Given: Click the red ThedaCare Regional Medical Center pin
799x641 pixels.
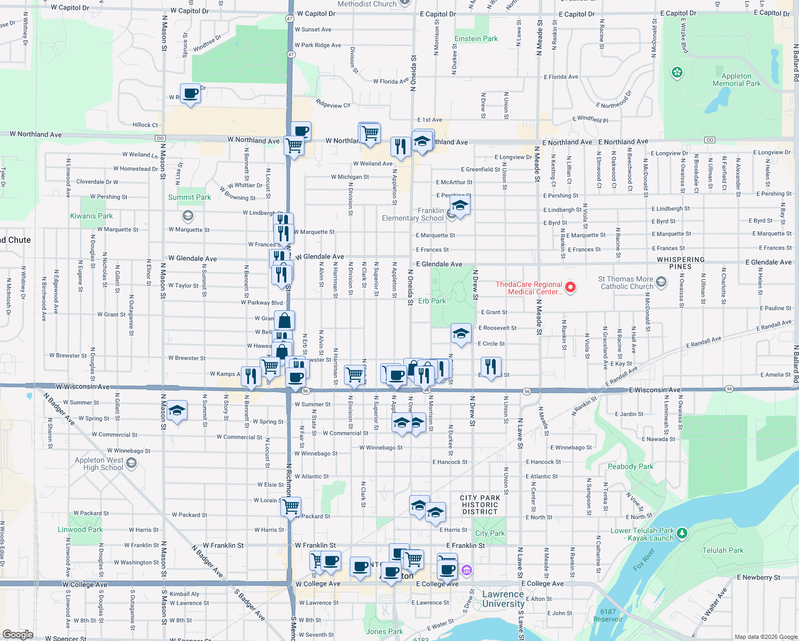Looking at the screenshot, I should pos(570,287).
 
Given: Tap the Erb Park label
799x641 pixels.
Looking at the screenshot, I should pos(432,301).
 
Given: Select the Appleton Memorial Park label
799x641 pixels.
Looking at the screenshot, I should pos(737,80).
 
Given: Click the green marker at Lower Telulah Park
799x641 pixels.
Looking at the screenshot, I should pos(681,533).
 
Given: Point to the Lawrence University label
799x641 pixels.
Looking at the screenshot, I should pos(503,599).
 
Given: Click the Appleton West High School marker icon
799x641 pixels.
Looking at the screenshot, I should pos(132,463).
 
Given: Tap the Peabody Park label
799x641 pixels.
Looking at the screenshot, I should pos(630,466).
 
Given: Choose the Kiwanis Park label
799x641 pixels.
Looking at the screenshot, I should pos(91,216).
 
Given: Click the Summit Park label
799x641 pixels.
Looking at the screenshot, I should pos(189,197).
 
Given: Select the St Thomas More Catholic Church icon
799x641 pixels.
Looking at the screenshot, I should pos(661,282).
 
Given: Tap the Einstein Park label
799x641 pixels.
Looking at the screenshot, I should pos(476,38).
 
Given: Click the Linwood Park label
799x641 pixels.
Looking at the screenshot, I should pos(80,529).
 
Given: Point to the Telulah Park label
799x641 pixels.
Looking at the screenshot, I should pos(723,550).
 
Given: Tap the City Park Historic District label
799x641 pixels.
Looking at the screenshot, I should pos(480,505).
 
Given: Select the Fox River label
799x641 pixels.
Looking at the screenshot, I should pos(644,559).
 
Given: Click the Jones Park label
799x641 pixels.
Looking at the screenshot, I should pos(384,631).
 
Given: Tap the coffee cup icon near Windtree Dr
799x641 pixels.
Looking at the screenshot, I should pos(190,94).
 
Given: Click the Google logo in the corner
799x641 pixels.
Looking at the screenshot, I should pos(18,634).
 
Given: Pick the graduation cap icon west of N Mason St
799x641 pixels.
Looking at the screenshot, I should pos(176,411).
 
